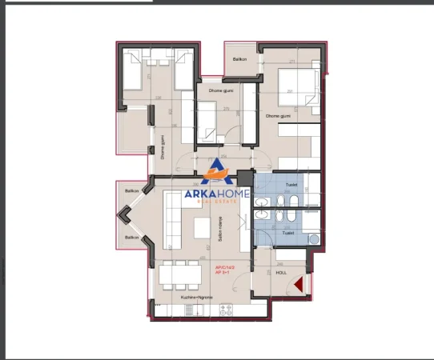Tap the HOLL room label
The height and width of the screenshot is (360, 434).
(280, 271)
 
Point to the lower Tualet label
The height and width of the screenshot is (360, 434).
(287, 233)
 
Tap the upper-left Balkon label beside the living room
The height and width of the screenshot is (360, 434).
(131, 191)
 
